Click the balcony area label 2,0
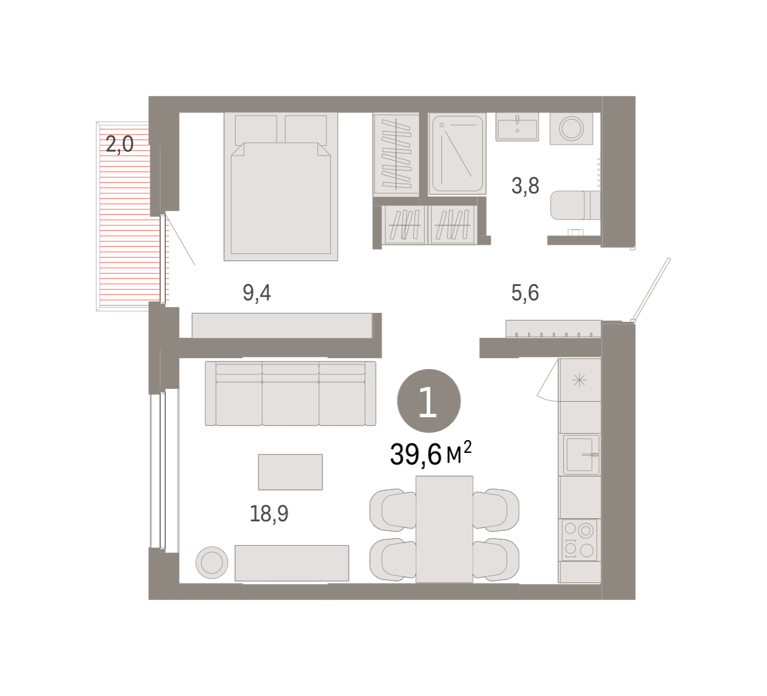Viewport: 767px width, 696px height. [x=120, y=145]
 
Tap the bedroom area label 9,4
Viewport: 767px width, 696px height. [x=256, y=293]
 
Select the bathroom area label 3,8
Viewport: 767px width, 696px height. [x=525, y=186]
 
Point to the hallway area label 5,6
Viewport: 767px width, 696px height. [x=525, y=293]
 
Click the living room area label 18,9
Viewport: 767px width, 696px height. [x=269, y=514]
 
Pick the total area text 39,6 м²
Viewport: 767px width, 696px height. [x=431, y=454]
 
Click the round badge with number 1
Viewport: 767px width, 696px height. [x=429, y=401]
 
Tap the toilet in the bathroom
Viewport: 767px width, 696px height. [x=575, y=205]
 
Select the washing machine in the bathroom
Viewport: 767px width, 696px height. [x=571, y=128]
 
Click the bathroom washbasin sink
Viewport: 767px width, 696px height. [x=517, y=127]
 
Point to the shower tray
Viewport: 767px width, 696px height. [x=457, y=154]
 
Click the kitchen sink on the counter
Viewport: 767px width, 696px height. [x=579, y=454]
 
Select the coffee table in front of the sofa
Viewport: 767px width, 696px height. [x=290, y=472]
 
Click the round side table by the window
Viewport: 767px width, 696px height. [x=212, y=562]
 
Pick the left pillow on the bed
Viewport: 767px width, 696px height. [x=256, y=129]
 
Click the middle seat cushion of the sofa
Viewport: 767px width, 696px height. [x=291, y=403]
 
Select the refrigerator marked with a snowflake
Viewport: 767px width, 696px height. [x=580, y=380]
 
